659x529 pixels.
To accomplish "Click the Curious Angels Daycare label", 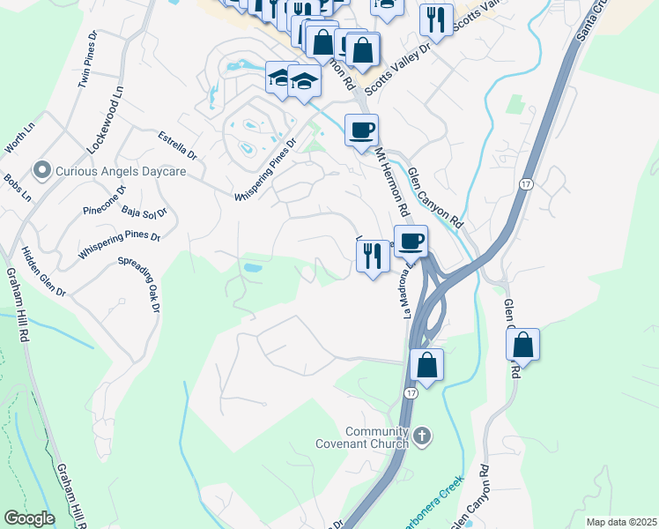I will tap(122, 171).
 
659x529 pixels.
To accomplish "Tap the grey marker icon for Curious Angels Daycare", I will tap(41, 168).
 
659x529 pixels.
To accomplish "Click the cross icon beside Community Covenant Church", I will tap(422, 436).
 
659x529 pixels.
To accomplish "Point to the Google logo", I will tap(29, 518).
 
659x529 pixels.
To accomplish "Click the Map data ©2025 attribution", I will tap(621, 522).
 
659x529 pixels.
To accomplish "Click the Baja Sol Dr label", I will tap(144, 212).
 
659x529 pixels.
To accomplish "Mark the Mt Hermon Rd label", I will tap(393, 183).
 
